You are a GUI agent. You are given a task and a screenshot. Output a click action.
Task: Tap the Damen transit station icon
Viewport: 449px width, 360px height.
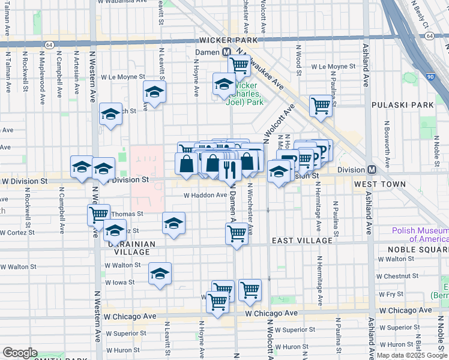[228, 52]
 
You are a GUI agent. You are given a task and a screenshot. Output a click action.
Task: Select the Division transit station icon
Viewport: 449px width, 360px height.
[372, 170]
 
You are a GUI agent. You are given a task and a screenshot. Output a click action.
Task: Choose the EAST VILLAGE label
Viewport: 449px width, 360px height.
[302, 241]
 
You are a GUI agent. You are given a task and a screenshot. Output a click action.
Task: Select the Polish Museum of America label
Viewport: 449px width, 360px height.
[420, 234]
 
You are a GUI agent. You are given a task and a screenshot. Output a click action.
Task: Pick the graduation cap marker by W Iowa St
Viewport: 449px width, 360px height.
[160, 274]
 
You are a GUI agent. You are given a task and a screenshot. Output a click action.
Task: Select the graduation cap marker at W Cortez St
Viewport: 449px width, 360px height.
[114, 230]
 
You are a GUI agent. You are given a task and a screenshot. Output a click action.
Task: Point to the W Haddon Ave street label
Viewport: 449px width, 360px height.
[205, 195]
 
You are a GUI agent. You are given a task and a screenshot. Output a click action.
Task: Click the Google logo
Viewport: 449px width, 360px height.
[20, 353]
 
